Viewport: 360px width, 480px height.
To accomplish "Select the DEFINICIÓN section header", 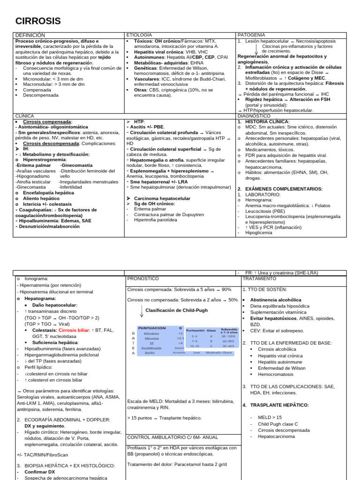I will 30,35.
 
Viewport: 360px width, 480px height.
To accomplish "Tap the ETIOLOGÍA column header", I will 140,35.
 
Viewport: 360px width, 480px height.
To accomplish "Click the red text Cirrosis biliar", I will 75,330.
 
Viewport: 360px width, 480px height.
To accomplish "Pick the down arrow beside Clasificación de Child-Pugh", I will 141,310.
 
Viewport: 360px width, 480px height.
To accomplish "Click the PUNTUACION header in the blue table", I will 151,328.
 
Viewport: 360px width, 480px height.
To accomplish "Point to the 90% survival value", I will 227,289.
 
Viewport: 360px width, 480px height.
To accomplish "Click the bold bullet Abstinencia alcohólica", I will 276,300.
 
